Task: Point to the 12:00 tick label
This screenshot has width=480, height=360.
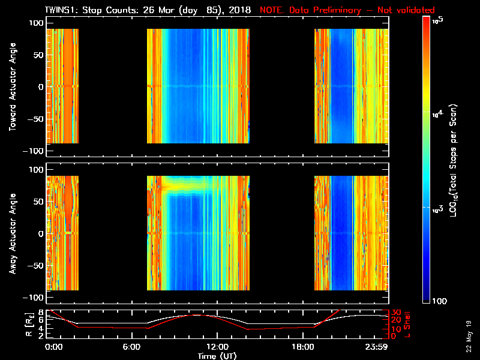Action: pos(217,347)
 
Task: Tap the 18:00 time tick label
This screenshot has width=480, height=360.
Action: pos(301,347)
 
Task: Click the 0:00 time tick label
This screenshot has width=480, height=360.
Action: pos(53,347)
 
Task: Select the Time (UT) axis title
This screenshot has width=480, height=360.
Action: pos(217,355)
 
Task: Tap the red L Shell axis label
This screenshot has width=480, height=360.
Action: pos(408,324)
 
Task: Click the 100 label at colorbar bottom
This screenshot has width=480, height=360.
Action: pos(440,300)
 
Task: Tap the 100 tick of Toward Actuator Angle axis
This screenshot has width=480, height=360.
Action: pos(36,23)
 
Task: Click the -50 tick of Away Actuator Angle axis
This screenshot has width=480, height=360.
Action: pos(34,265)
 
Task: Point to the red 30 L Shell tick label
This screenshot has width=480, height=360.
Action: pos(396,312)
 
